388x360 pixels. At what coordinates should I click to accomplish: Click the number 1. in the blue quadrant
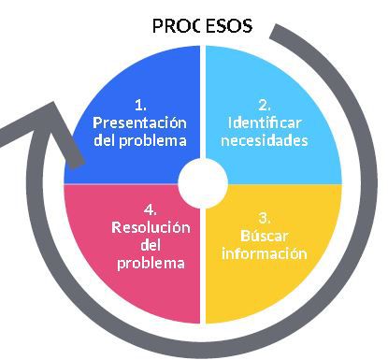click(140, 104)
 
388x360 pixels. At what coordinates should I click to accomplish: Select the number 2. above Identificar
click(265, 104)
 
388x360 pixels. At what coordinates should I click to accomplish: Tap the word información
click(265, 253)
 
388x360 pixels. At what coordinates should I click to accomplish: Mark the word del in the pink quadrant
click(151, 245)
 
